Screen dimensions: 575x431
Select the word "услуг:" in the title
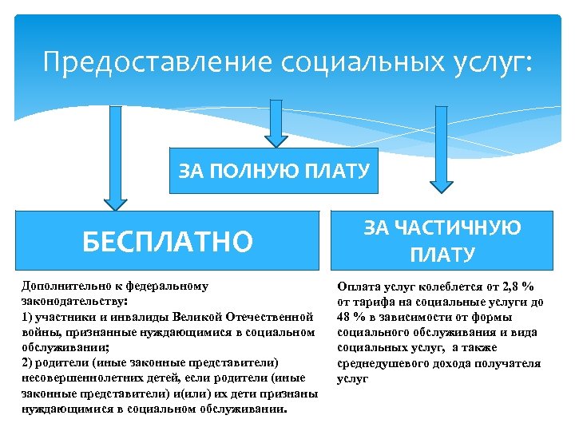tap(490, 61)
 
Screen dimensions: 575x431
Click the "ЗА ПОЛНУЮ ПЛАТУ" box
tap(274, 171)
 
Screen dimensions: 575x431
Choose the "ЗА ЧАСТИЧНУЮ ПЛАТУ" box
tap(442, 240)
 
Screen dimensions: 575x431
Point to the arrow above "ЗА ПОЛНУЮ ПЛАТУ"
tap(276, 124)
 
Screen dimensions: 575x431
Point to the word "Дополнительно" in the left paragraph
tap(64, 287)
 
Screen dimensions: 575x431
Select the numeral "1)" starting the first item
tap(26, 317)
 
